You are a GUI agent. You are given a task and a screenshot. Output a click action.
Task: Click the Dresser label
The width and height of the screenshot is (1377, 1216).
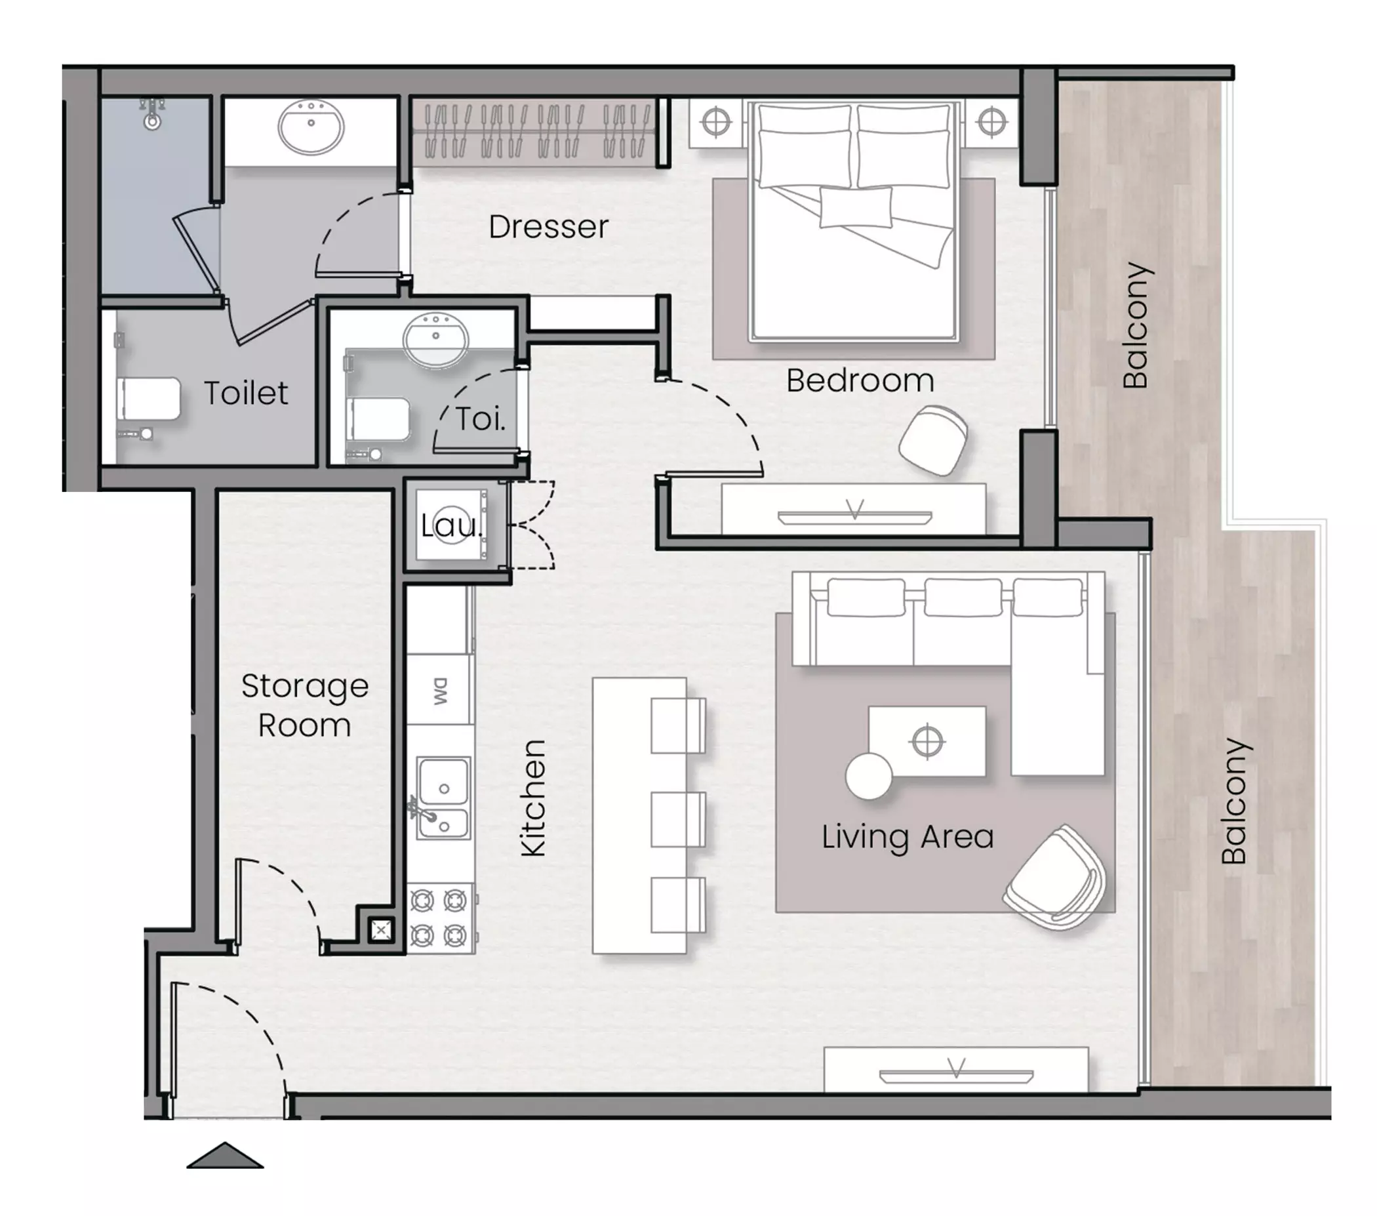click(x=548, y=227)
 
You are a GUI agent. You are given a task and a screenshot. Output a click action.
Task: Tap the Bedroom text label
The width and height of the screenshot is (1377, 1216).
click(x=860, y=380)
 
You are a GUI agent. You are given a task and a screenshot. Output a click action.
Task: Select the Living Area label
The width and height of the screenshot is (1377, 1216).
click(x=908, y=838)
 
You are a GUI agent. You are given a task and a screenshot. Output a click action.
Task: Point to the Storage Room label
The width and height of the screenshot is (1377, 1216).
click(x=304, y=705)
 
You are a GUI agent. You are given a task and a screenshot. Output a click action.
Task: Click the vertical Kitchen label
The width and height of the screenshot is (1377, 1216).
click(x=534, y=798)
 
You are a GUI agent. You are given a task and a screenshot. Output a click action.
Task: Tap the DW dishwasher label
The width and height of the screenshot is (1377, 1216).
click(x=440, y=691)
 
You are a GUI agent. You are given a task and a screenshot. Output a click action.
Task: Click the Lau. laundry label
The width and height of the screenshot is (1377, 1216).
click(x=451, y=525)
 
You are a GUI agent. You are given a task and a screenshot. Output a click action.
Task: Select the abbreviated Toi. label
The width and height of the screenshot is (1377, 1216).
click(x=481, y=419)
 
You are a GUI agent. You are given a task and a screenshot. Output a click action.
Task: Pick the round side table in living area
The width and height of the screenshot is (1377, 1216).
click(x=869, y=776)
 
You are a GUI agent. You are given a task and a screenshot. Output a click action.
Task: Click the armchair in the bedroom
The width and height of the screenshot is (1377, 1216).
click(x=933, y=439)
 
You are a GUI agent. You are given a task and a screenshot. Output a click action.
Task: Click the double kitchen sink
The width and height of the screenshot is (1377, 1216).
click(x=443, y=798)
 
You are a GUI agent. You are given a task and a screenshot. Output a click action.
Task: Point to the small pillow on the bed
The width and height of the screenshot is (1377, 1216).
click(x=856, y=207)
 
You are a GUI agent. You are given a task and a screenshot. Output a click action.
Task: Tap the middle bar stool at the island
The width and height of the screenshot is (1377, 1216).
click(x=678, y=819)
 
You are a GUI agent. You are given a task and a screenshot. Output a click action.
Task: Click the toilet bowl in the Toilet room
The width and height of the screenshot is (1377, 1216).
click(x=149, y=399)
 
